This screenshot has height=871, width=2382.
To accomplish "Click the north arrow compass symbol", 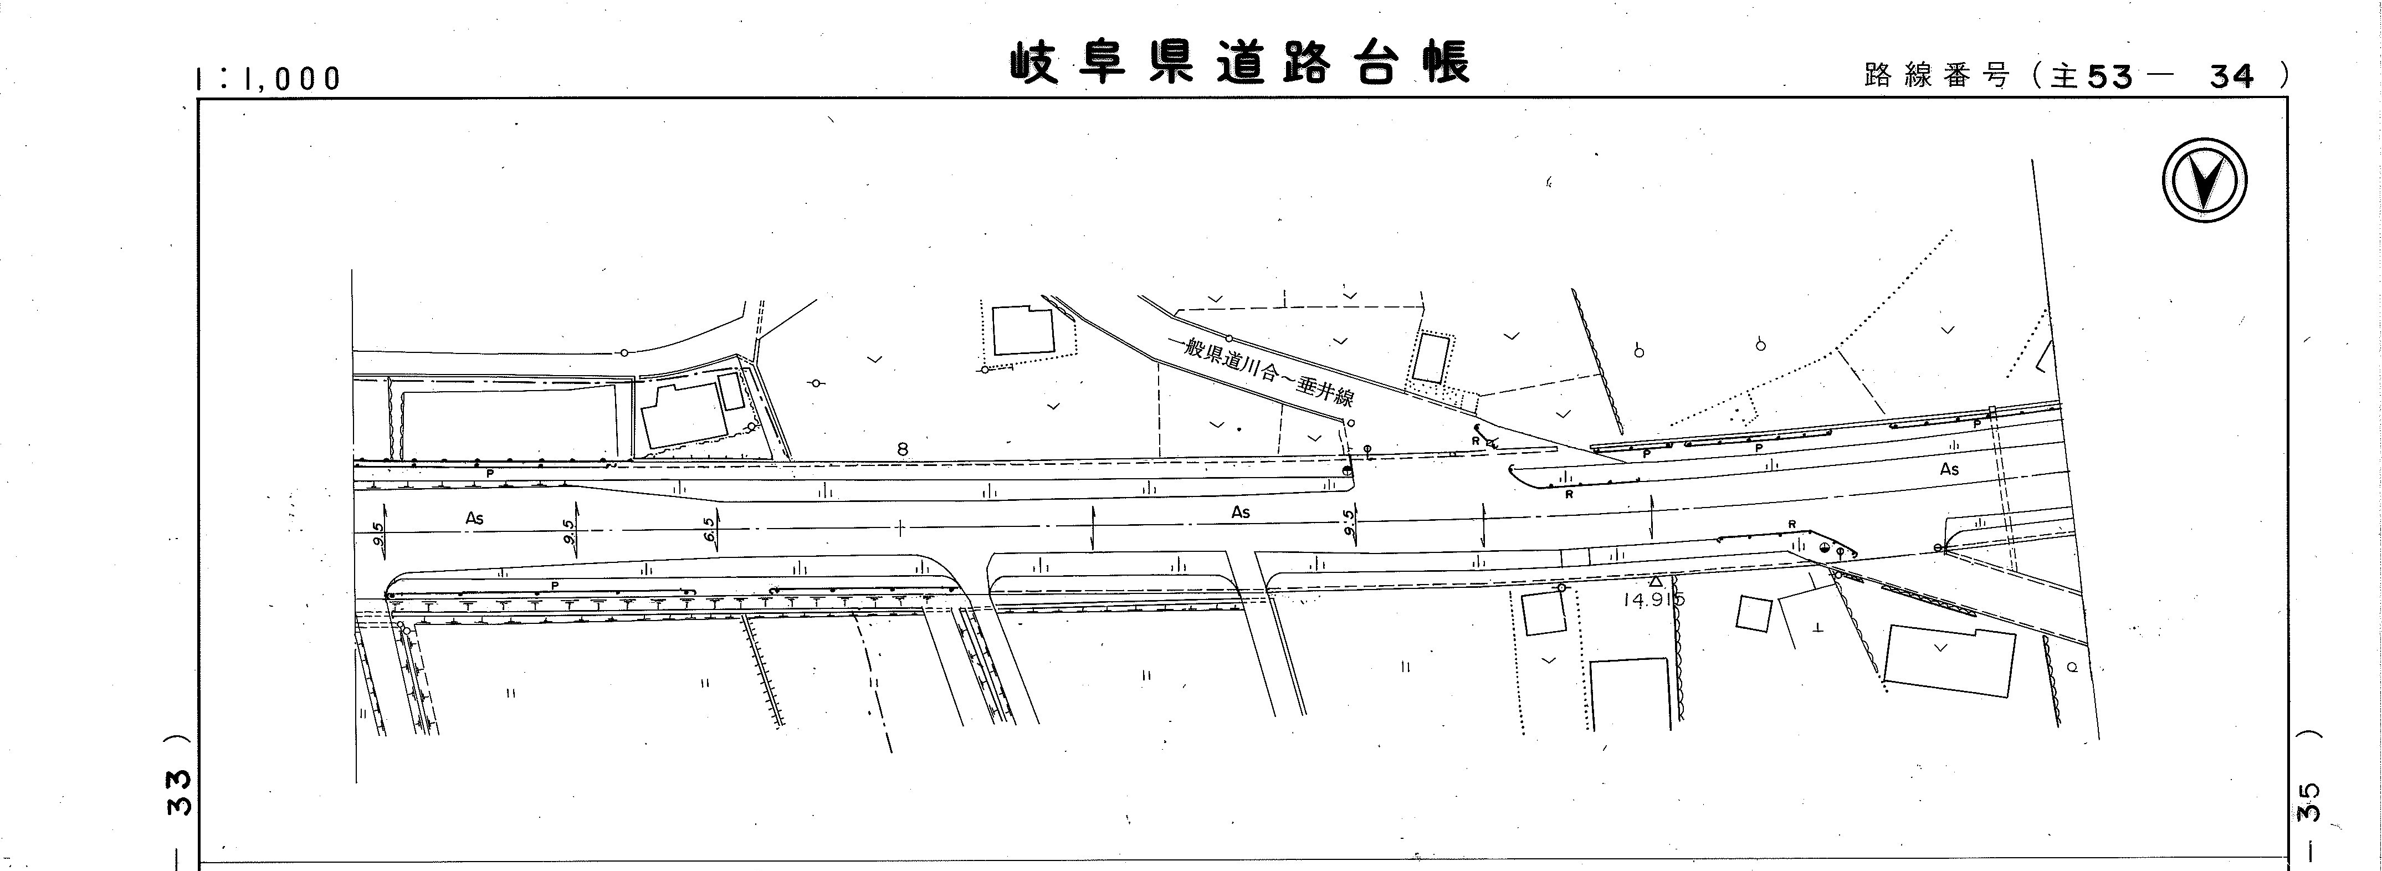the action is tap(2205, 180).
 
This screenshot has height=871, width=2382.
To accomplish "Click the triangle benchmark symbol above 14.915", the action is tap(1655, 582).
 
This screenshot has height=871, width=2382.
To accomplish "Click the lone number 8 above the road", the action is tap(903, 449).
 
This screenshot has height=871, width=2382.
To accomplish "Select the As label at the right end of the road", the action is tap(1949, 470).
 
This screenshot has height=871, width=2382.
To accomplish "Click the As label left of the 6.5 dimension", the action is tap(474, 519).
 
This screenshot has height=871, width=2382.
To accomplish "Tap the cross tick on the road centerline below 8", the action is tap(900, 528).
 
